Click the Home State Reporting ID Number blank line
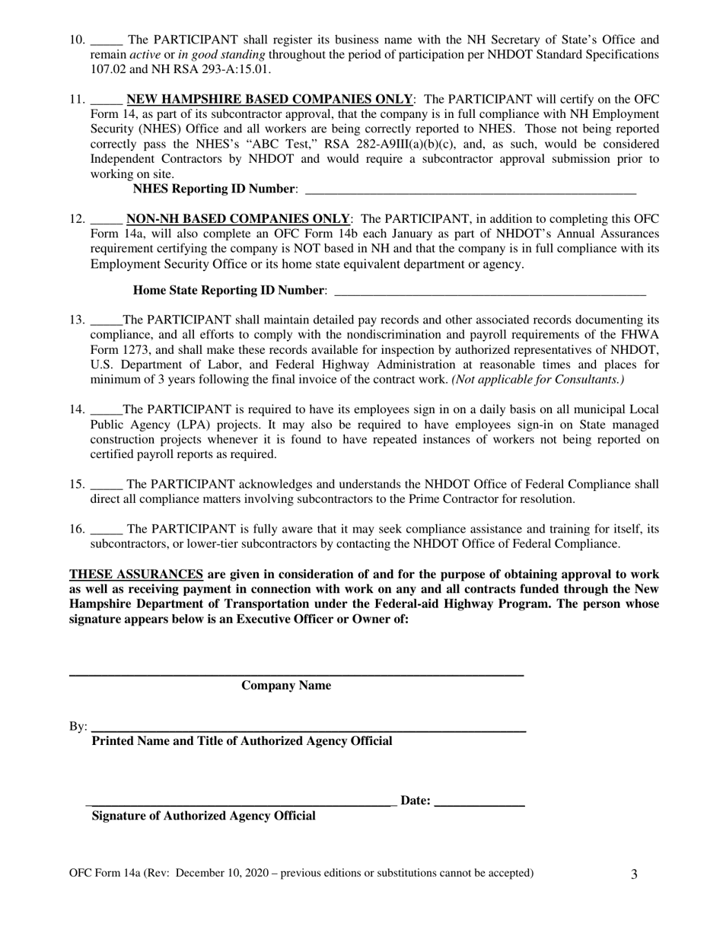point(490,291)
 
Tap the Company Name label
point(286,686)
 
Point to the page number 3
point(634,874)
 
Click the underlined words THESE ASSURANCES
point(136,575)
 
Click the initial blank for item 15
point(106,486)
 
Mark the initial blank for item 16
point(106,530)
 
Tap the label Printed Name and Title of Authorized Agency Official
point(242,741)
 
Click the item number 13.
point(77,320)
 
